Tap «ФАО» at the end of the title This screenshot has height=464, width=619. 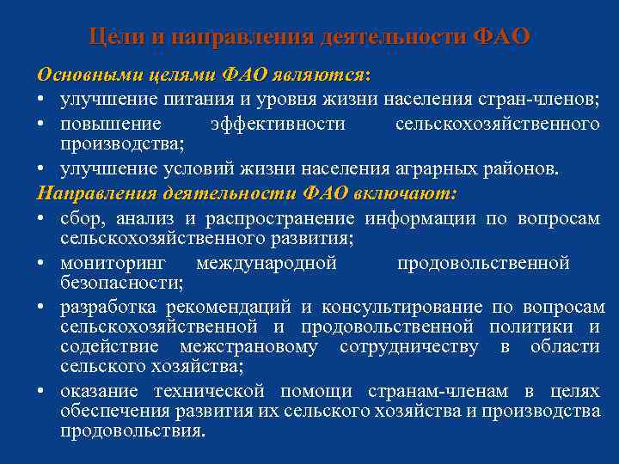(502, 37)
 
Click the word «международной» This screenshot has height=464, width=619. (267, 263)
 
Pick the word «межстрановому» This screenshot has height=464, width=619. (248, 346)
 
